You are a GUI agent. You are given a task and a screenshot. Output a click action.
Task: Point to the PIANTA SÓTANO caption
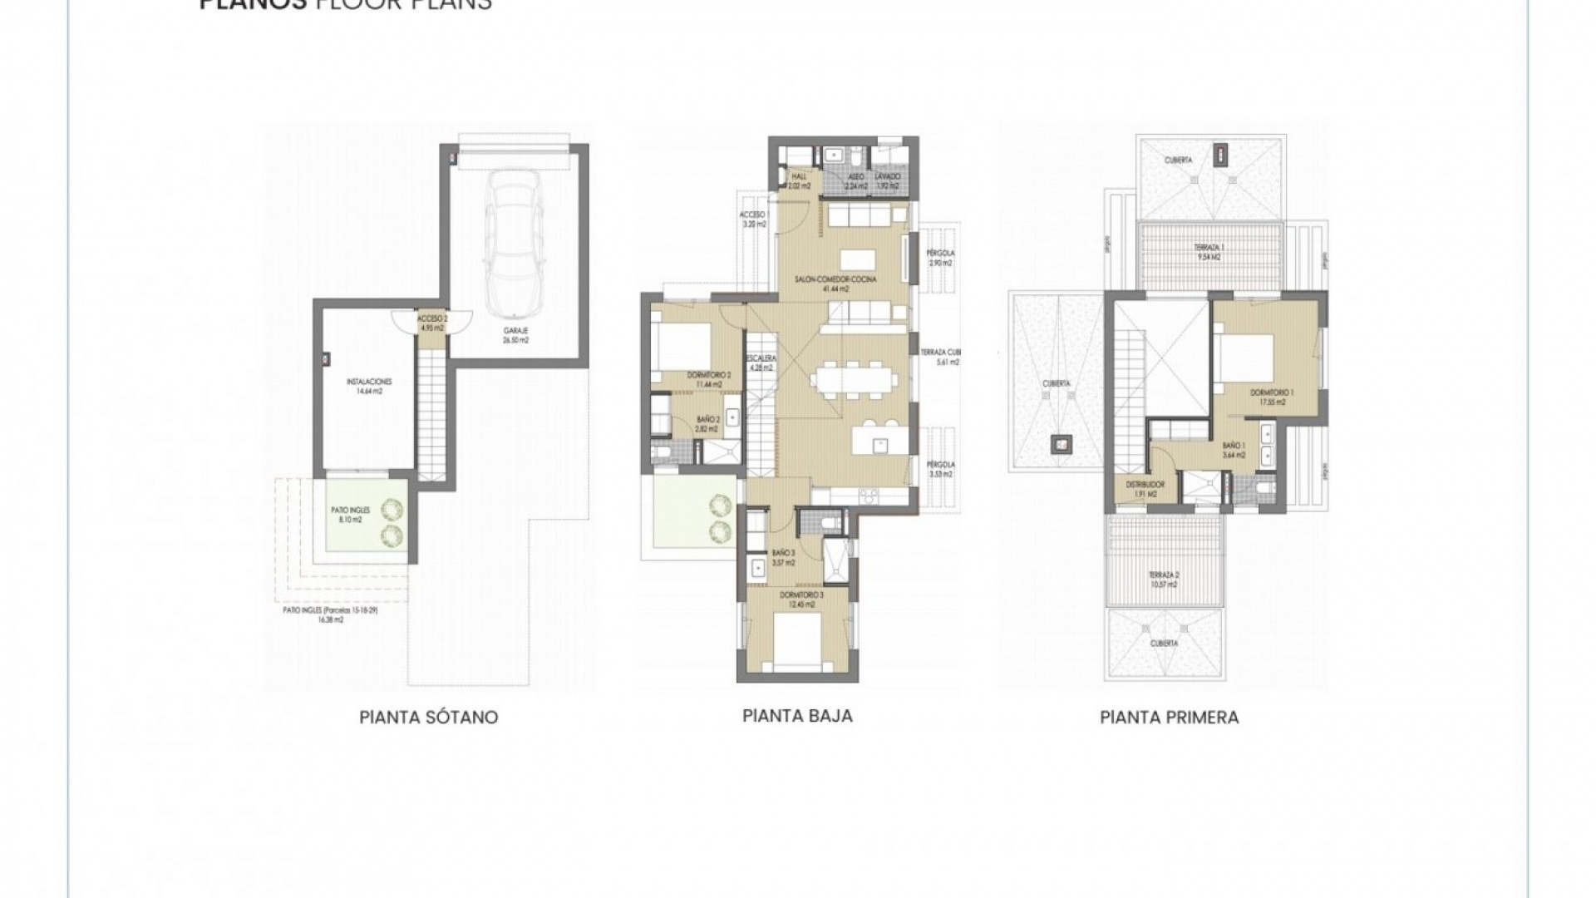pyautogui.click(x=428, y=717)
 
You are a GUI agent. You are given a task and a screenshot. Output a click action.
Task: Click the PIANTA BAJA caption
pyautogui.click(x=797, y=715)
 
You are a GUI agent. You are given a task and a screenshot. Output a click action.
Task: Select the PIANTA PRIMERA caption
pyautogui.click(x=1169, y=717)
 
